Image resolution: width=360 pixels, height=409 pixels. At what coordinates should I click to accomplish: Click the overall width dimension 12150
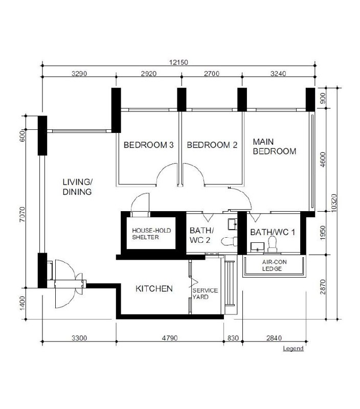coord(179,62)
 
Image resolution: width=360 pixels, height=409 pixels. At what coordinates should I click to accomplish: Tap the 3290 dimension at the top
coord(78,74)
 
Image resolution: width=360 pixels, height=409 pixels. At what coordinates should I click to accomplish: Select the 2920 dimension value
coord(148,74)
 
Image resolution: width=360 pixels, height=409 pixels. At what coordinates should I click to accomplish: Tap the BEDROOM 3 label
coord(148,145)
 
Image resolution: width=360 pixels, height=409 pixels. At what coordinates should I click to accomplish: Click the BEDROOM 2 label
coord(212,145)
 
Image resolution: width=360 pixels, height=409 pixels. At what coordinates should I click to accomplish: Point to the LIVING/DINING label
coord(77,187)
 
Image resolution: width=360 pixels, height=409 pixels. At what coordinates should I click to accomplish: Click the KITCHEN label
coord(154,289)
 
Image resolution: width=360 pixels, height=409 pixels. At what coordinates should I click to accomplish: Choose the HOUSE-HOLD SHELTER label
coord(151,234)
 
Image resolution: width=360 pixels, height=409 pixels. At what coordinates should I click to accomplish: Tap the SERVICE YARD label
coord(205,293)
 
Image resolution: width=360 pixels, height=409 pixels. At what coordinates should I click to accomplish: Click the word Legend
coord(293,349)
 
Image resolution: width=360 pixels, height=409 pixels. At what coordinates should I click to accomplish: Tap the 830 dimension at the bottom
coord(233,337)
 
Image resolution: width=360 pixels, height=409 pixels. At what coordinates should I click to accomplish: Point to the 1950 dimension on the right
coord(322,233)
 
